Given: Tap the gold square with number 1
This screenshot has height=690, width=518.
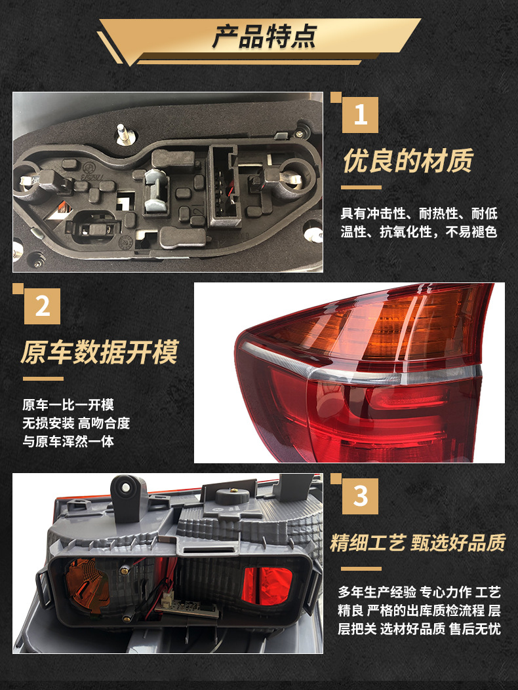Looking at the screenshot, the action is pyautogui.click(x=360, y=115).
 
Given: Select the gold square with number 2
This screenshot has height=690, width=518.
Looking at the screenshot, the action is pyautogui.click(x=42, y=306).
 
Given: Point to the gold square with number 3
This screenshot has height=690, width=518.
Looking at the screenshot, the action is pyautogui.click(x=360, y=496).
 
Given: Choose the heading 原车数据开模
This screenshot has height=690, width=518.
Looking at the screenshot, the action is pyautogui.click(x=100, y=352).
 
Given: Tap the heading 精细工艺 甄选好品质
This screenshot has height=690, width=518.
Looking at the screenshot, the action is pyautogui.click(x=418, y=543).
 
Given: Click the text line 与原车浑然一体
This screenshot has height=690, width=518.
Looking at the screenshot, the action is pyautogui.click(x=68, y=441).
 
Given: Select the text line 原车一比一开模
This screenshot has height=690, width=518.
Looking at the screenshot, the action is pyautogui.click(x=68, y=404).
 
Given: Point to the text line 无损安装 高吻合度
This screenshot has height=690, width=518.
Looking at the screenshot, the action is pyautogui.click(x=76, y=423).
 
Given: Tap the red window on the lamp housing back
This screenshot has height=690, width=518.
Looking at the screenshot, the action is pyautogui.click(x=268, y=585).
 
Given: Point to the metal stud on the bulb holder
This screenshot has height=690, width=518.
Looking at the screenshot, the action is pyautogui.click(x=122, y=134).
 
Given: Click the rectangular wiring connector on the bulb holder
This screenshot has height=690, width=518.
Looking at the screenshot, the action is pyautogui.click(x=225, y=187).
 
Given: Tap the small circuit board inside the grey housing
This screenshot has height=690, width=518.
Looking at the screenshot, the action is pyautogui.click(x=188, y=608).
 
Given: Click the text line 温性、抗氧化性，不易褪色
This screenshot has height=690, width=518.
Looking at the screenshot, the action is pyautogui.click(x=419, y=231).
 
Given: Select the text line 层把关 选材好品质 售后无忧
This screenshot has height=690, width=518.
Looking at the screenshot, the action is pyautogui.click(x=419, y=628).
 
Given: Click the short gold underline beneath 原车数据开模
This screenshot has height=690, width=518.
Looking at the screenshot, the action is pyautogui.click(x=43, y=379).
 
